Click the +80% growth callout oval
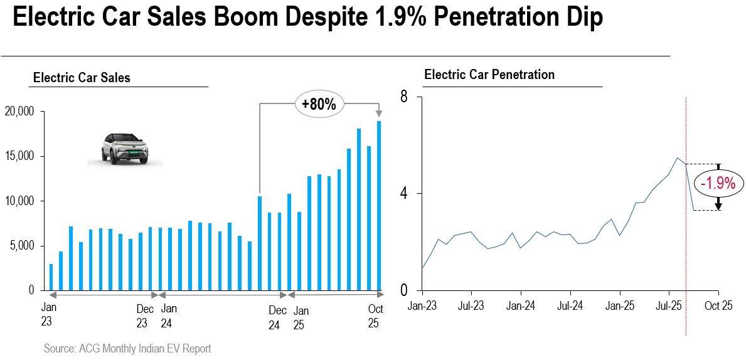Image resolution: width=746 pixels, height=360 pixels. [x=318, y=104]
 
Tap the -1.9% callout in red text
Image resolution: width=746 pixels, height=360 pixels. [x=718, y=183]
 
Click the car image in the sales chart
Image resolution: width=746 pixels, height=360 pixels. [x=124, y=149]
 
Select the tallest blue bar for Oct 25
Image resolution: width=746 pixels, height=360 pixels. [x=379, y=206]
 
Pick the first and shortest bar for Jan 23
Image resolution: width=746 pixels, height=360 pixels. [x=51, y=277]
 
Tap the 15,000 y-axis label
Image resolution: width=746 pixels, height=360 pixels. [x=21, y=157]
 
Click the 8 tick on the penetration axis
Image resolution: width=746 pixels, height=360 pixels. [x=404, y=97]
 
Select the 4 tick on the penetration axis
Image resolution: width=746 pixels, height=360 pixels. [x=404, y=194]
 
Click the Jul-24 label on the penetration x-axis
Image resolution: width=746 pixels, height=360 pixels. [x=570, y=306]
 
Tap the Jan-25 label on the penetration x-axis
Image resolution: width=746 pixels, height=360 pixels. [x=619, y=306]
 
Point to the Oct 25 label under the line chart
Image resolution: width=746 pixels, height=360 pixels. [x=718, y=306]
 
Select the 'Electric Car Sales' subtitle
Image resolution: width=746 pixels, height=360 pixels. [x=82, y=78]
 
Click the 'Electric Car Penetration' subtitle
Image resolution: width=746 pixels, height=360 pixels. [x=489, y=75]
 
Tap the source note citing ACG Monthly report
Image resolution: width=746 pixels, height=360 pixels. [x=127, y=349]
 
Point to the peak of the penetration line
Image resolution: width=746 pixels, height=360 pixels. [x=678, y=158]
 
